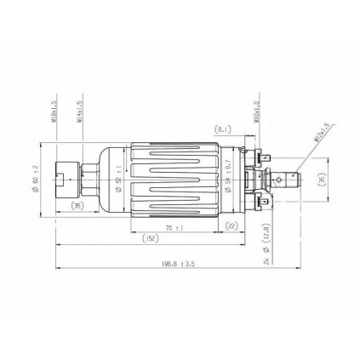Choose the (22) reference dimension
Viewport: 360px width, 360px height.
232,226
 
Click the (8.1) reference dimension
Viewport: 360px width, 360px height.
223,129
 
